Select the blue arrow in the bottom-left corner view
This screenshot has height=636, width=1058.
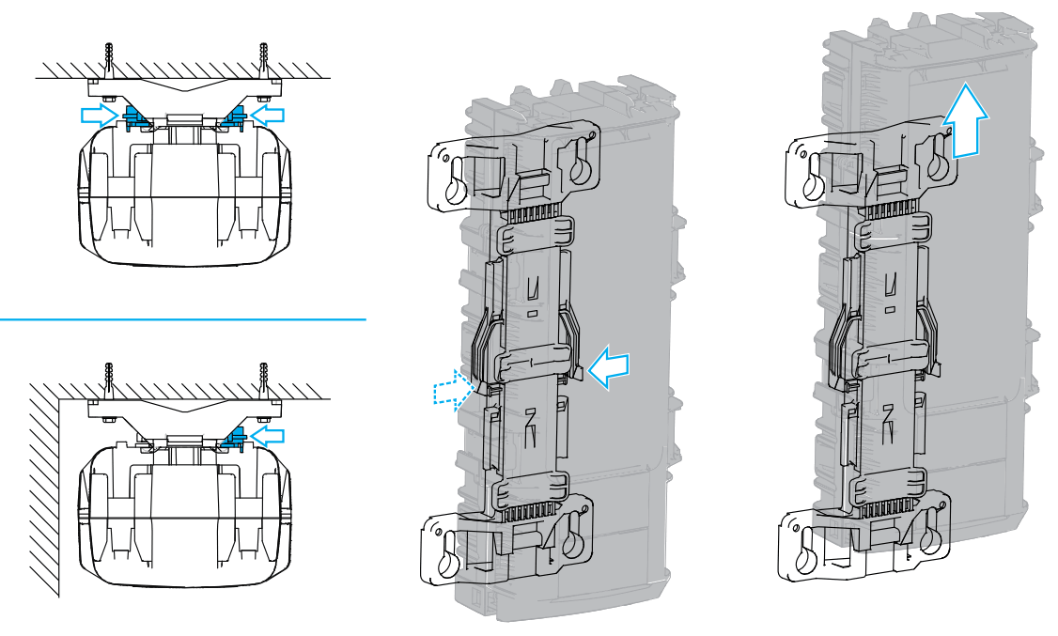pyautogui.click(x=271, y=433)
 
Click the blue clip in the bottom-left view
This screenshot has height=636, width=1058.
pyautogui.click(x=234, y=435)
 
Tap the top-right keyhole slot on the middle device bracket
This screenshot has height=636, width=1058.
pyautogui.click(x=576, y=163)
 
